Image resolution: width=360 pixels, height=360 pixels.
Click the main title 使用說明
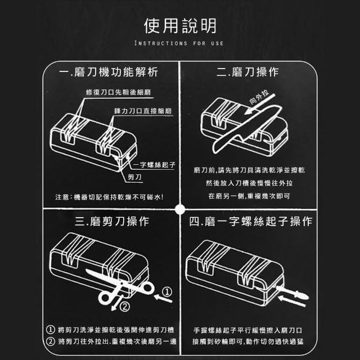(180, 26)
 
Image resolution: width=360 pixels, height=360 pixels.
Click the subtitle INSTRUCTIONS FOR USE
(179, 43)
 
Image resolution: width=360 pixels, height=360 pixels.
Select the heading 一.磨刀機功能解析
(109, 72)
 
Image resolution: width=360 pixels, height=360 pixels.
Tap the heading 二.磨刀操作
(247, 72)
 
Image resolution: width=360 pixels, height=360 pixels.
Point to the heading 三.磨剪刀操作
(112, 221)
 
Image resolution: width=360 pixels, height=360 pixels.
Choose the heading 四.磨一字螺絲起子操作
(251, 221)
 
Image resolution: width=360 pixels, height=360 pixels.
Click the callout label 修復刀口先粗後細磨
(119, 92)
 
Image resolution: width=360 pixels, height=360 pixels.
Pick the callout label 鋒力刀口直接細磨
(143, 111)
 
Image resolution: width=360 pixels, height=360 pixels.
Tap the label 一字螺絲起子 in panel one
(154, 165)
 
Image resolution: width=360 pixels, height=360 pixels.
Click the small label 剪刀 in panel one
(134, 177)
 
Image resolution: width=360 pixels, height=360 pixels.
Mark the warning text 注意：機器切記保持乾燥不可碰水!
(109, 197)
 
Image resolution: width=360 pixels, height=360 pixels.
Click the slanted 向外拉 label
(259, 97)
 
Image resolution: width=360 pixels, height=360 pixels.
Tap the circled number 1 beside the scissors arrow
(167, 292)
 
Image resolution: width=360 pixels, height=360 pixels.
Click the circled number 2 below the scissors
(125, 307)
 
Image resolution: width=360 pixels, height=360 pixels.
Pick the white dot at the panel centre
(180, 209)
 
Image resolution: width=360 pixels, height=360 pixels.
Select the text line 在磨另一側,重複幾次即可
(249, 196)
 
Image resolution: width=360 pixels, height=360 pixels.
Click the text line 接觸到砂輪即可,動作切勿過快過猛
(248, 341)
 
